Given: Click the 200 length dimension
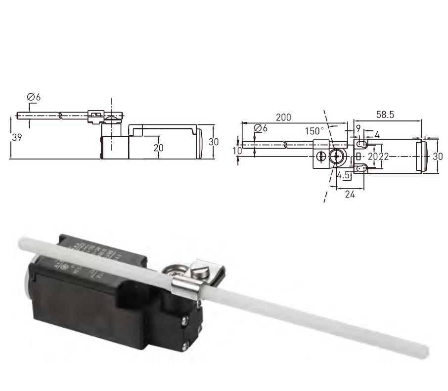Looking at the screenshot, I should point(283,117).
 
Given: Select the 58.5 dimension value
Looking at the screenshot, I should point(385,115).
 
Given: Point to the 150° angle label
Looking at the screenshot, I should point(314,131).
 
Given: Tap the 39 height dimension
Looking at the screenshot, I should point(16,138).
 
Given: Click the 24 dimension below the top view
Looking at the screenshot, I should point(350,194).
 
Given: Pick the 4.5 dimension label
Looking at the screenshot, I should point(344,175).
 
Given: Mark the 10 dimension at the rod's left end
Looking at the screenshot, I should point(237,151).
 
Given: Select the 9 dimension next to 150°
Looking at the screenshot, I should point(358,128).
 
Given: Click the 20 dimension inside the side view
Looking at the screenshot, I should point(158,147).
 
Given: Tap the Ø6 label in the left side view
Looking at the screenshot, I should point(34,97).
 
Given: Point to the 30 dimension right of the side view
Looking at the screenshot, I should point(213,142).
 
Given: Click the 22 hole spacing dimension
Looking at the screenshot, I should point(383,156).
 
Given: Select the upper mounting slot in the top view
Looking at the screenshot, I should point(361,144).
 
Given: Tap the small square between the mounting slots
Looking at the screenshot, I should point(358,156).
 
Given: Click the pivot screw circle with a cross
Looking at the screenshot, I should point(337,156).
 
